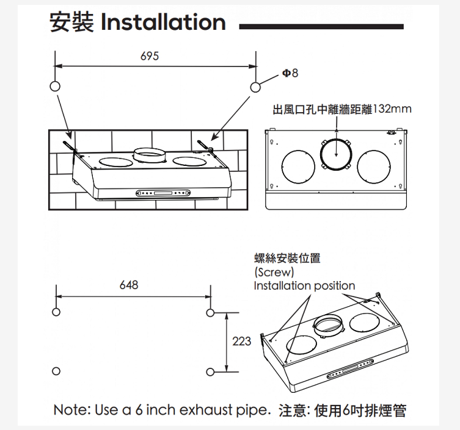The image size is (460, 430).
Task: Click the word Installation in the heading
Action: (x=163, y=22)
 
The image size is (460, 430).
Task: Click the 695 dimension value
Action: (x=150, y=56)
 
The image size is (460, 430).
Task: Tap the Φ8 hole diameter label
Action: (x=290, y=73)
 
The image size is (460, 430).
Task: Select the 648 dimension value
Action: (x=129, y=285)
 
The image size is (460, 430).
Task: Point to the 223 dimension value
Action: (x=242, y=341)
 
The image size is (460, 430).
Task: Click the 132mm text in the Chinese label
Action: (x=392, y=109)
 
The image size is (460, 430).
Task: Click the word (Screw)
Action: (x=274, y=273)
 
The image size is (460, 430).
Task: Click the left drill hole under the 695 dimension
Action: (x=55, y=87)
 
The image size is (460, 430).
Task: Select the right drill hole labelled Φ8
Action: (x=255, y=87)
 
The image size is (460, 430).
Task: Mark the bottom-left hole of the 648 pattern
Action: (x=56, y=371)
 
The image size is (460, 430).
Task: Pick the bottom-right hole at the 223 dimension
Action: (x=210, y=372)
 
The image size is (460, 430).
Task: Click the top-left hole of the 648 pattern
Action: (x=56, y=312)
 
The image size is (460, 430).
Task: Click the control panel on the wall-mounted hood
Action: (x=163, y=193)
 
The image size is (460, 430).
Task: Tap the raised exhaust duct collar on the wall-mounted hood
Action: (x=150, y=155)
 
